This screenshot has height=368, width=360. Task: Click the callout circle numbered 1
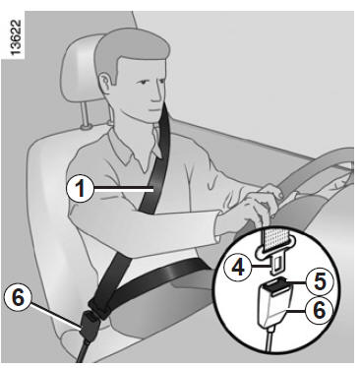click(x=80, y=189)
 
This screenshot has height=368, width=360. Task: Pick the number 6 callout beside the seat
click(x=18, y=298)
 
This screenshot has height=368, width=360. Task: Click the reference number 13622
click(x=15, y=38)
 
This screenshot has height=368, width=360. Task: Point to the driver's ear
click(x=105, y=83)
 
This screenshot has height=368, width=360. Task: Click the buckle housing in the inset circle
click(x=274, y=305)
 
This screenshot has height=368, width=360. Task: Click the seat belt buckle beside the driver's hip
click(x=90, y=325)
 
